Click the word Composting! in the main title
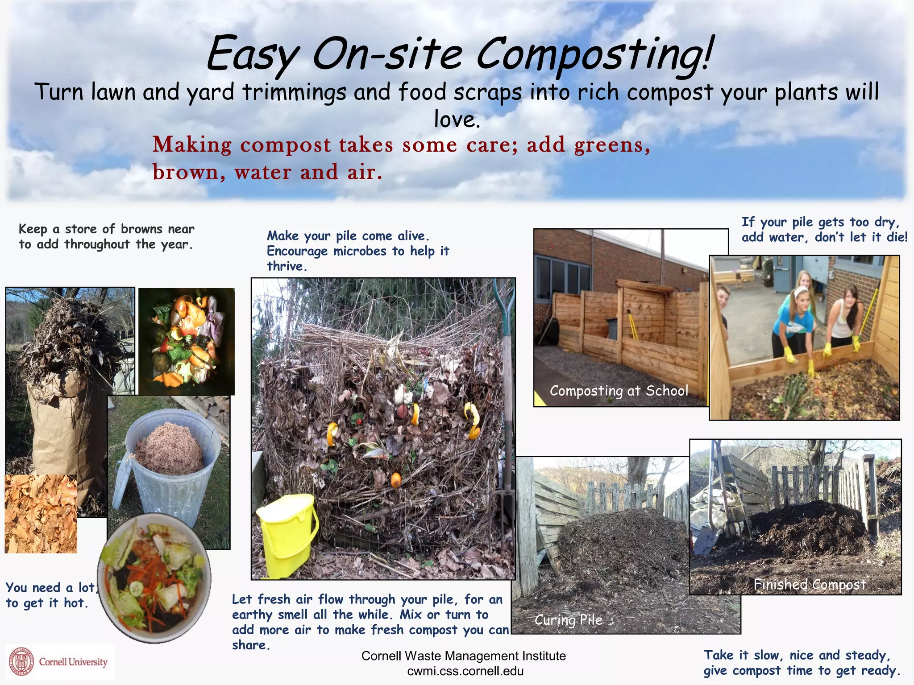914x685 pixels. pos(594,56)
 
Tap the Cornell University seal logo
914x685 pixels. pos(21,661)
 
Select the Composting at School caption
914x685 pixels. pos(619,391)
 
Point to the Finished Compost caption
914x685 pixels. pos(810,584)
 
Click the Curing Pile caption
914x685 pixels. pos(569,620)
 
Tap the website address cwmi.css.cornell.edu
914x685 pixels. pos(465,671)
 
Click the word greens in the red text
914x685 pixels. pos(609,145)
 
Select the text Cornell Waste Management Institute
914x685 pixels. pos(463,656)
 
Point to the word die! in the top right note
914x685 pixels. pos(897,237)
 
